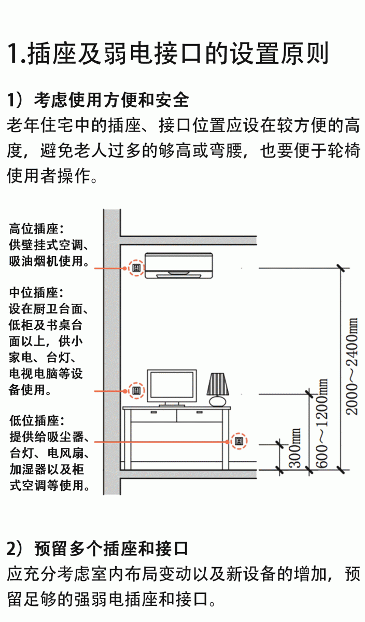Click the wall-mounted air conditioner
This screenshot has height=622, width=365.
179,265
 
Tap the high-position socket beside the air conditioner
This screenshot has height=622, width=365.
136,268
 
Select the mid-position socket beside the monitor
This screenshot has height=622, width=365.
136,390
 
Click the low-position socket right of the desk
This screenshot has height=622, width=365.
239,441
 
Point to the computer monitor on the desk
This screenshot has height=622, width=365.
172,385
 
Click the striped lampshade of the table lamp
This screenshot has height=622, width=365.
217,384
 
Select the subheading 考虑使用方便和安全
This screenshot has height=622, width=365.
111,99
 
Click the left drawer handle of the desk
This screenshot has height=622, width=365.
153,413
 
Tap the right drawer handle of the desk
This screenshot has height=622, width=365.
199,413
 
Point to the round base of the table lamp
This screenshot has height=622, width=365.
217,401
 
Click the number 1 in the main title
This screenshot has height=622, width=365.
13,53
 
